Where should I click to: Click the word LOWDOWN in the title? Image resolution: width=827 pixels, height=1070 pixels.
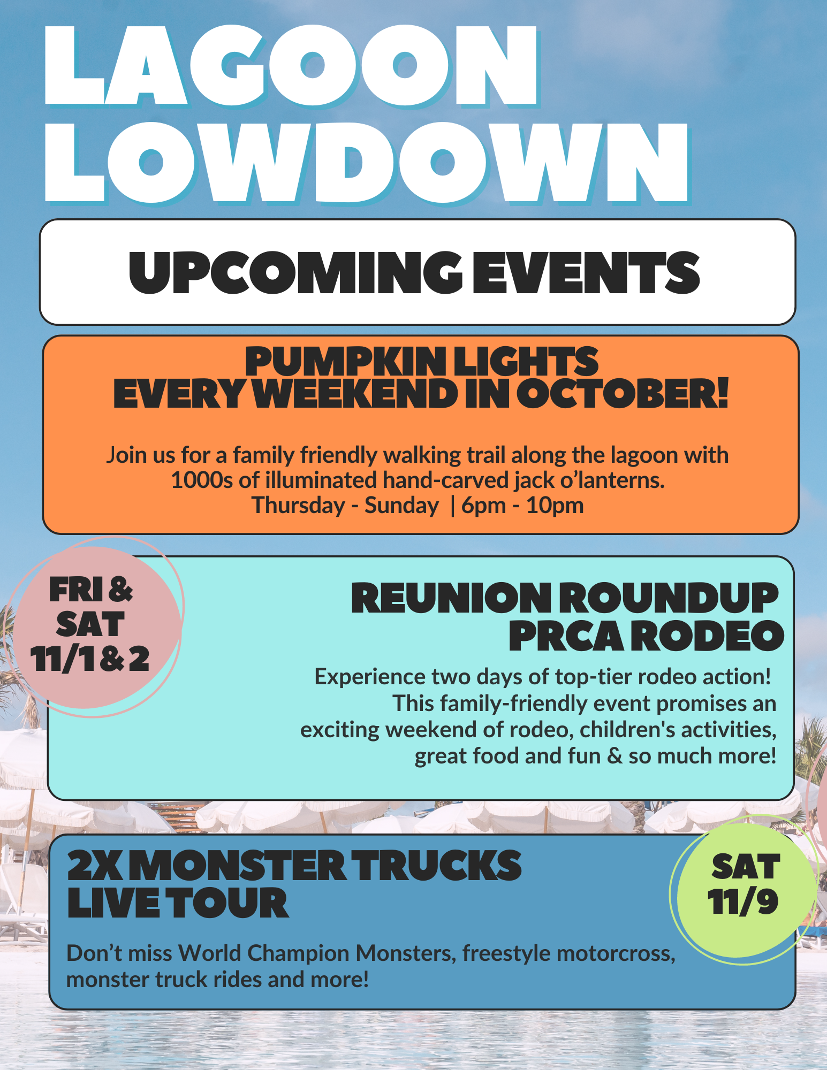click(366, 164)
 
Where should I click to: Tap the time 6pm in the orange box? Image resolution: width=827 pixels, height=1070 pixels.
click(483, 505)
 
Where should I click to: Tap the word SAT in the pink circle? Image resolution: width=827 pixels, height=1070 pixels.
click(90, 624)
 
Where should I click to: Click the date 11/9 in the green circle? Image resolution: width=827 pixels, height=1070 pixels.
click(742, 902)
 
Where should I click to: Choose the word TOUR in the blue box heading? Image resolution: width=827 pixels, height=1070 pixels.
click(230, 904)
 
